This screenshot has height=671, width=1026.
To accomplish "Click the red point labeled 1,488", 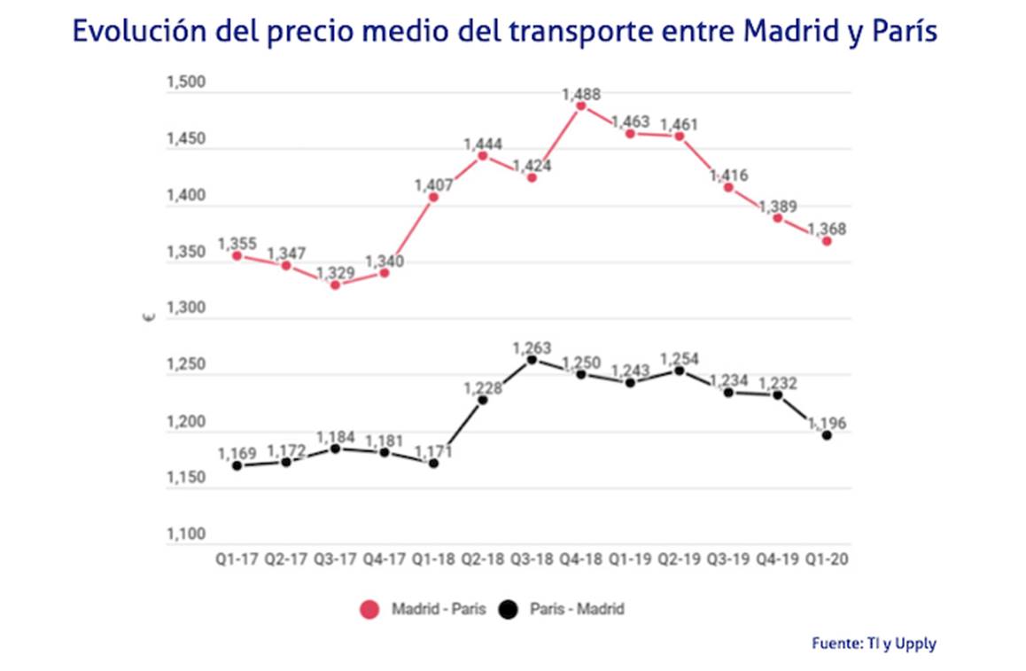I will [x=581, y=105].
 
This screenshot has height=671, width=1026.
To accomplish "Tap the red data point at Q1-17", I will [x=237, y=256].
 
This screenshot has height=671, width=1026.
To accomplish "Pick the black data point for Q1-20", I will [x=827, y=435].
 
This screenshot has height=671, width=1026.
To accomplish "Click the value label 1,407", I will [x=434, y=185].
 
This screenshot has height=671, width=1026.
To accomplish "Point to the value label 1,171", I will [x=434, y=451].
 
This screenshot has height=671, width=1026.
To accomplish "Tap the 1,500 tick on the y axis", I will [x=185, y=83].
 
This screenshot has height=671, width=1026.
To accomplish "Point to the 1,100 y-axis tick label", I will [x=185, y=535].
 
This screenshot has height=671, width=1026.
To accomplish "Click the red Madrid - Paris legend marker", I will [x=369, y=609].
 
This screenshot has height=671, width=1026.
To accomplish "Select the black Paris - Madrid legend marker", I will [x=508, y=609].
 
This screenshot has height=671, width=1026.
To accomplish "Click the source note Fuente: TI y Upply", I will [x=873, y=644].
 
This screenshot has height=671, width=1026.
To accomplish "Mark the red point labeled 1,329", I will [x=335, y=285].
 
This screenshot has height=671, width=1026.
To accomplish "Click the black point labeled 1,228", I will [x=483, y=400].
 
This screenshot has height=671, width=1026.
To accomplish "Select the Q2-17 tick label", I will [x=285, y=560].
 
